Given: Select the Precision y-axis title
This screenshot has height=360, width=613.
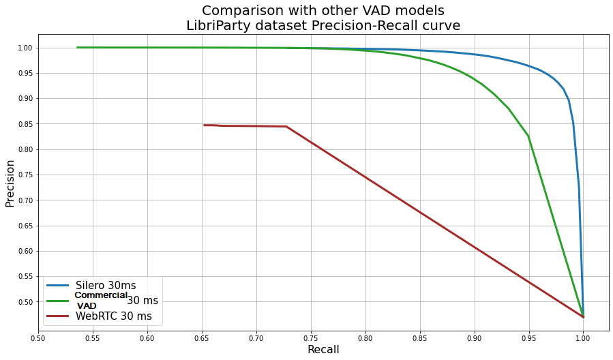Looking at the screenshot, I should click(10, 183).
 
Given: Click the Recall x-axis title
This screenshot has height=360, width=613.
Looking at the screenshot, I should click(323, 350).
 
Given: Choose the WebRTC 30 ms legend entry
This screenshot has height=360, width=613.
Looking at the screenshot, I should click(114, 316).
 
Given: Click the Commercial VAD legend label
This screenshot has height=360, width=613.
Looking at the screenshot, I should click(101, 300).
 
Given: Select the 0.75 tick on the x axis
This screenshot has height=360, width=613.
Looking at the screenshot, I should click(311, 337).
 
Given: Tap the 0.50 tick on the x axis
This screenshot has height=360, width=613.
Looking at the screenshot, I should click(38, 337).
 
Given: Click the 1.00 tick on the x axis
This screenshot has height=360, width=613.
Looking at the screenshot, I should click(583, 337).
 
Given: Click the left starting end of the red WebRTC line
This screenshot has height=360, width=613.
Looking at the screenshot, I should click(204, 125).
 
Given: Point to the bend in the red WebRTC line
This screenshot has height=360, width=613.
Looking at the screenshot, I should click(286, 126).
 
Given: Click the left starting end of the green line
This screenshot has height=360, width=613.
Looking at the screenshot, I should click(77, 47).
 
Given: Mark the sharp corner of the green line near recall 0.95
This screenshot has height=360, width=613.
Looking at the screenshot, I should click(528, 136).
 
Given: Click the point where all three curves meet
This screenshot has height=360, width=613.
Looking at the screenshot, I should click(583, 317).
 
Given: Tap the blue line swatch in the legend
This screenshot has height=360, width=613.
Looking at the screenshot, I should click(59, 285).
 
